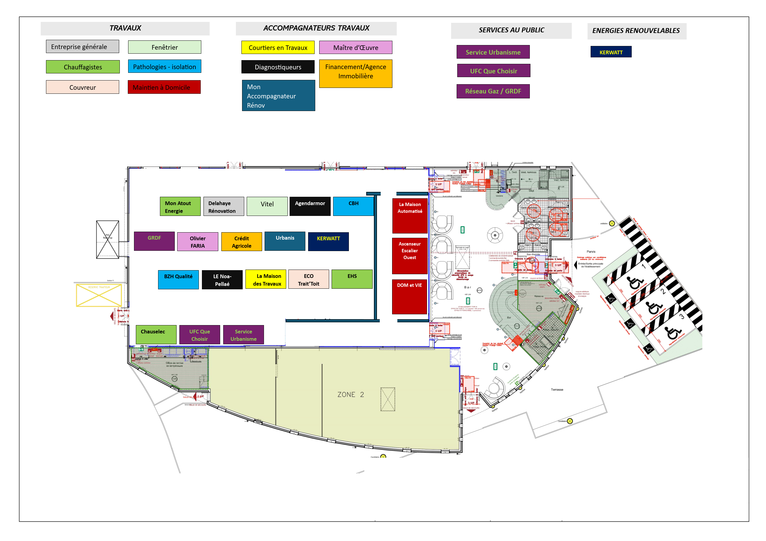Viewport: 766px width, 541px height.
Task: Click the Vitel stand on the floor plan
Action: (267, 206)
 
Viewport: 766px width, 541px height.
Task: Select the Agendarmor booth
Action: (310, 206)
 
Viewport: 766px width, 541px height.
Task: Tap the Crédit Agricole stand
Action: (241, 242)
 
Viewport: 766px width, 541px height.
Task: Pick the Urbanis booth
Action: (285, 241)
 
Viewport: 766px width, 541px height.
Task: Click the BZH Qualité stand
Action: (178, 279)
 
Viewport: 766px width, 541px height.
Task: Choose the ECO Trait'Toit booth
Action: (309, 279)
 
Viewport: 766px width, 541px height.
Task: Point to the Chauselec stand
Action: (156, 334)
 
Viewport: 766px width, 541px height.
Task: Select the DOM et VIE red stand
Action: (409, 297)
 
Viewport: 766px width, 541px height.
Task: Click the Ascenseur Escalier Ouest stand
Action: (410, 256)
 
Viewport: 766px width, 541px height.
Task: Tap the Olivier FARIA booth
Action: (198, 242)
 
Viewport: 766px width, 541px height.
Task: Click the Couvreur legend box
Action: (82, 87)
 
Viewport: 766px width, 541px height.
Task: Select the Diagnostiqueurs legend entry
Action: (278, 67)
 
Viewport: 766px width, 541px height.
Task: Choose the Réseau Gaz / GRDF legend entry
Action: (493, 91)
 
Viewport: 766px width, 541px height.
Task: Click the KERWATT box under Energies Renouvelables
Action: (611, 52)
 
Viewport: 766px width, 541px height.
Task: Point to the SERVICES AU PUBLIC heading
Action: (511, 30)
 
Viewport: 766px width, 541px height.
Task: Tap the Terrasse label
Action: (557, 389)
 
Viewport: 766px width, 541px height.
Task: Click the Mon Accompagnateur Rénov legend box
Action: (278, 96)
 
